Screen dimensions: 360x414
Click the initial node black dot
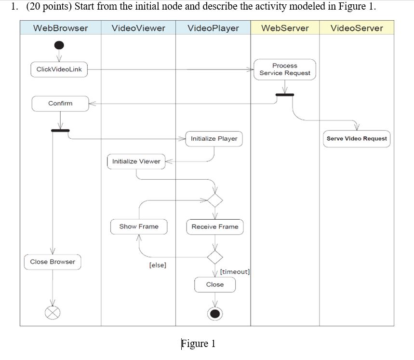(59, 45)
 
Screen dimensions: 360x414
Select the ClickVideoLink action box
(59, 69)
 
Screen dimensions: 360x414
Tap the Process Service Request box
(285, 69)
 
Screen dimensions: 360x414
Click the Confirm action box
(60, 104)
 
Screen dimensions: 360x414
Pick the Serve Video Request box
(357, 139)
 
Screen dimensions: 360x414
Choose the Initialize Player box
(214, 139)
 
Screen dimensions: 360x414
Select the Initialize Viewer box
(136, 161)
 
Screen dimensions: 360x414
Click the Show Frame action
(139, 227)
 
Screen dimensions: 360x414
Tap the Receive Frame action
(215, 227)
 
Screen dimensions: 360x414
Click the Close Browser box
(53, 262)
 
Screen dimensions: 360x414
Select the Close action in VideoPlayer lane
(215, 284)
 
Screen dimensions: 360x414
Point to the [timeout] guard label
(235, 272)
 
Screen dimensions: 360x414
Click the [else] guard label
(158, 265)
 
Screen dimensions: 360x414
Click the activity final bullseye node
(215, 314)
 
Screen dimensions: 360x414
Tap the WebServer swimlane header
(285, 28)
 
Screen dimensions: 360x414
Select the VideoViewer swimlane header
(138, 28)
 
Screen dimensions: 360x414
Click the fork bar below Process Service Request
(285, 94)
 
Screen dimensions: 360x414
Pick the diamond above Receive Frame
(215, 200)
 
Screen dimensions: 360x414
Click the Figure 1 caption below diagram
(198, 344)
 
